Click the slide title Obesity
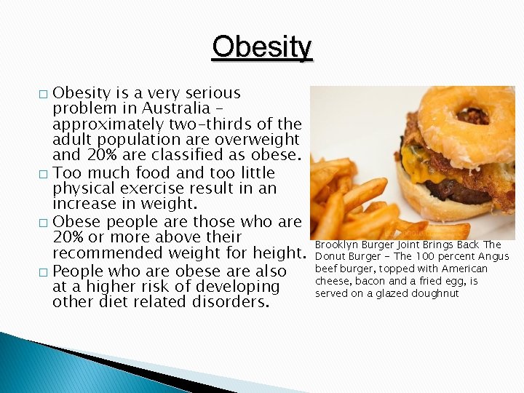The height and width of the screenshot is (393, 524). click(x=262, y=47)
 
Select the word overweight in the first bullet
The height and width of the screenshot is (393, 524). click(x=258, y=139)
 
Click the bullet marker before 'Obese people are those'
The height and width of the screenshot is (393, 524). click(x=44, y=223)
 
